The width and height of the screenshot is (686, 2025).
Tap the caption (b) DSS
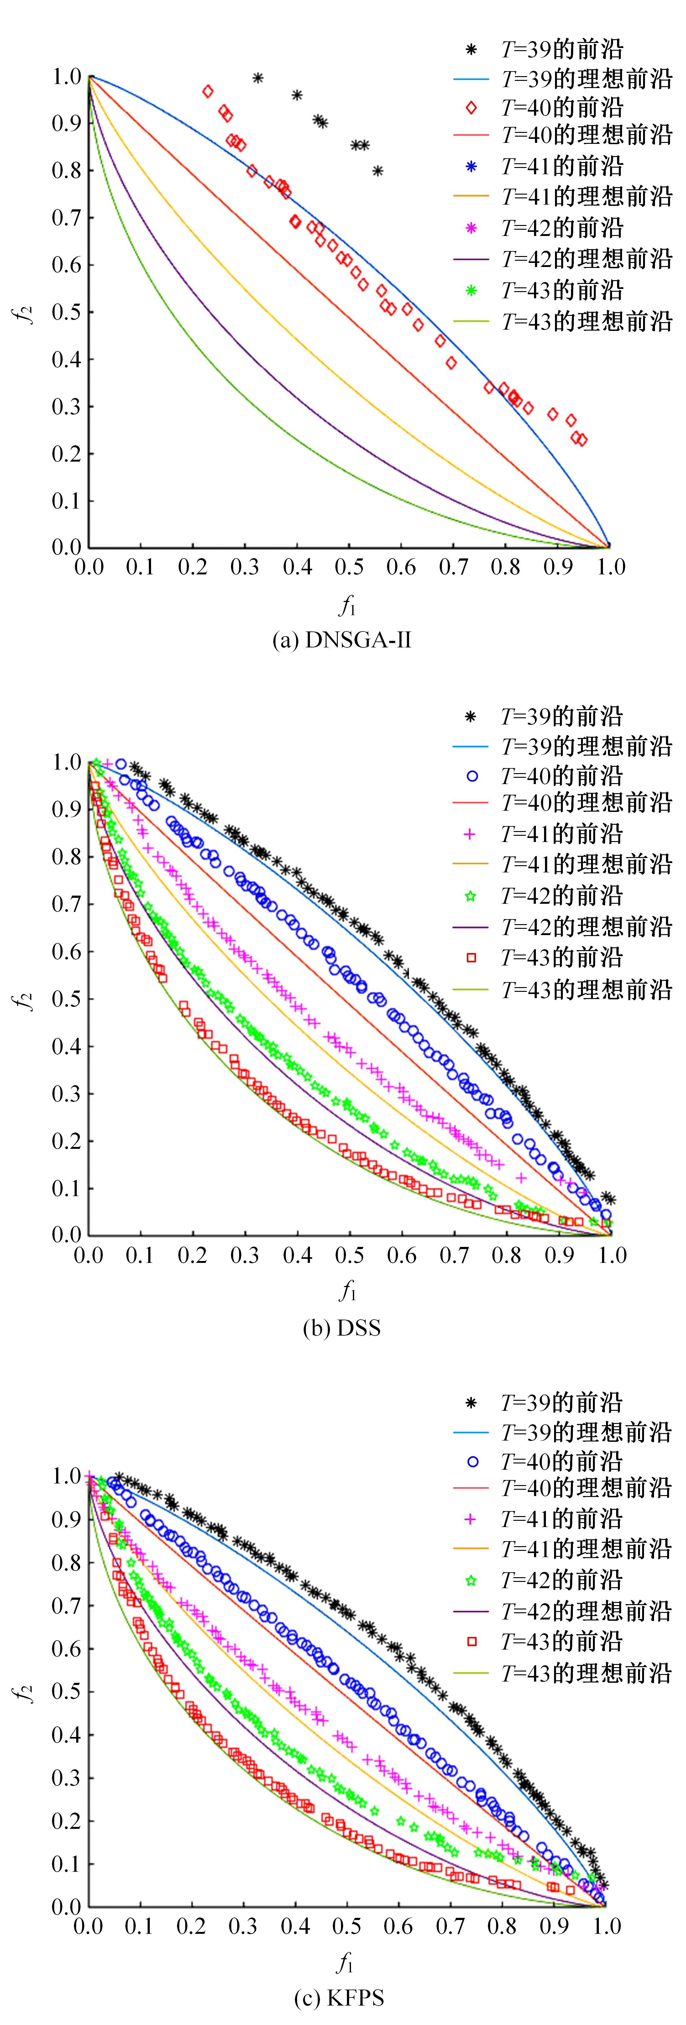[x=342, y=1328]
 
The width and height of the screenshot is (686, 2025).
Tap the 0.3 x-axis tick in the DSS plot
[x=244, y=1255]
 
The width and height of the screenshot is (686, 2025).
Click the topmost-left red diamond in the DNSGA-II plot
[x=207, y=91]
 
